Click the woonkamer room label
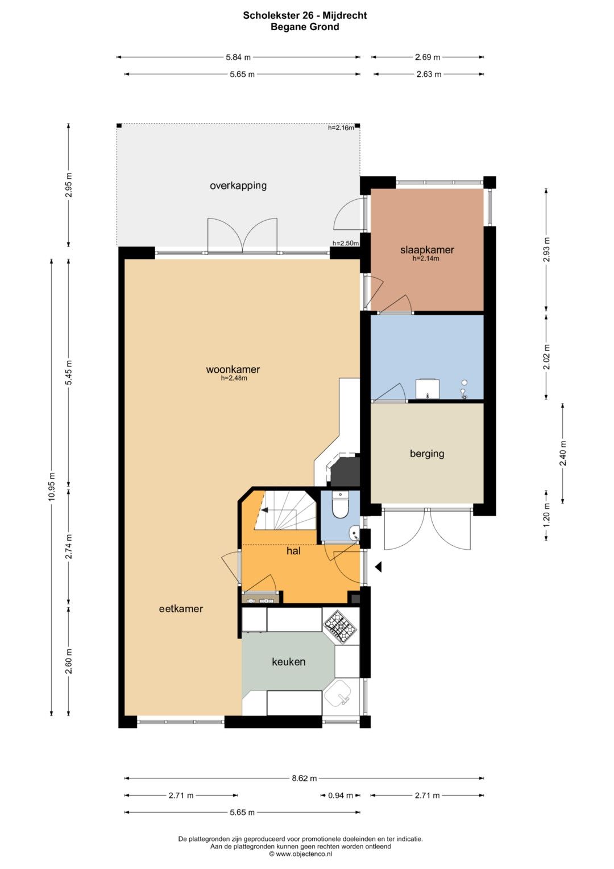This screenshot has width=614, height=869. tap(233, 369)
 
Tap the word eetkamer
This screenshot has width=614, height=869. tap(181, 609)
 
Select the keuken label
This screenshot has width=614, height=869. tap(288, 661)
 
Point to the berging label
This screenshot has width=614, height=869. tap(427, 454)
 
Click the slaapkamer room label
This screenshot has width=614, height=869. tap(427, 250)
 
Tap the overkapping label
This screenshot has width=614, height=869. tap(238, 186)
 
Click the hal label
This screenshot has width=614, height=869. tap(293, 550)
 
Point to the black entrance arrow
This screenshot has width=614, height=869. tap(378, 567)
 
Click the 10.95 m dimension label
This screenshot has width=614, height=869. tap(52, 487)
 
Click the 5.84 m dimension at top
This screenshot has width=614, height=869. tap(238, 57)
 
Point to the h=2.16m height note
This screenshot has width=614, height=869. tap(341, 127)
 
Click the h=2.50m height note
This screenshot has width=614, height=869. tap(346, 243)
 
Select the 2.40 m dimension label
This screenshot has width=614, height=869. tap(563, 454)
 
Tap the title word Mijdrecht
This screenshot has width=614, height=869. tap(345, 15)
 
